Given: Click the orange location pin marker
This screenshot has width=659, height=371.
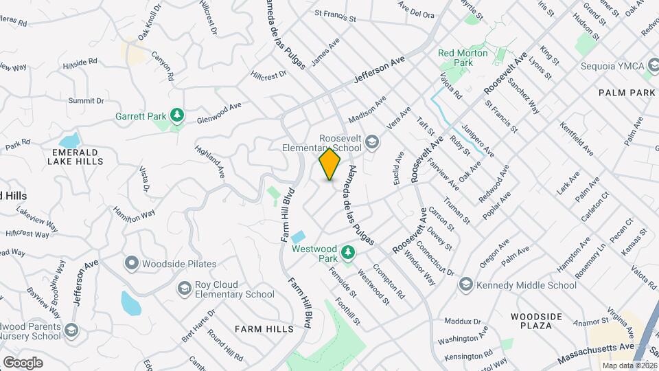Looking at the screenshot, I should coord(330,164).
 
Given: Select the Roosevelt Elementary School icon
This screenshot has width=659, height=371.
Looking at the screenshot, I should coord(372,142).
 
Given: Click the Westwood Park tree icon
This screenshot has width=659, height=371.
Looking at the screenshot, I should coord(348,253).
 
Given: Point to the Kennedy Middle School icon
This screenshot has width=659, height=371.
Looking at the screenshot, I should coord(466,284).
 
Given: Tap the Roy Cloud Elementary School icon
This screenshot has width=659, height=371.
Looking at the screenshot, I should coord(183,289).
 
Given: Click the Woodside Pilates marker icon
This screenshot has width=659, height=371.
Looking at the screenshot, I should coord(131,263).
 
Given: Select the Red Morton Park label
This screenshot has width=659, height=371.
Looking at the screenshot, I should coord(463,58).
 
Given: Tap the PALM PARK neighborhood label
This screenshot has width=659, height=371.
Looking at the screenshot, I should coord(627,92).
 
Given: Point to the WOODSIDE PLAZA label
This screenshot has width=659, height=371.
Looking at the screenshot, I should coord(537,322).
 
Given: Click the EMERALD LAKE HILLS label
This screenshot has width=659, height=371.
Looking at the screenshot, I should coord(76,157).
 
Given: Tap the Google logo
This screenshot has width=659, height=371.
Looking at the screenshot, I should coord(23,362).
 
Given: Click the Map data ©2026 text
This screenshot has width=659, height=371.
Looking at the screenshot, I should coord(629,365).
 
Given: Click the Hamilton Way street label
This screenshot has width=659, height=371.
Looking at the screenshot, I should coord(135,214).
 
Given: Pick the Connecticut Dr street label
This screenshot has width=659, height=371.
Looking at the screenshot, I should coord(435,258).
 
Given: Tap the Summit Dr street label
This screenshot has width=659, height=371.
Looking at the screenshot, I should coord(86,100).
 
